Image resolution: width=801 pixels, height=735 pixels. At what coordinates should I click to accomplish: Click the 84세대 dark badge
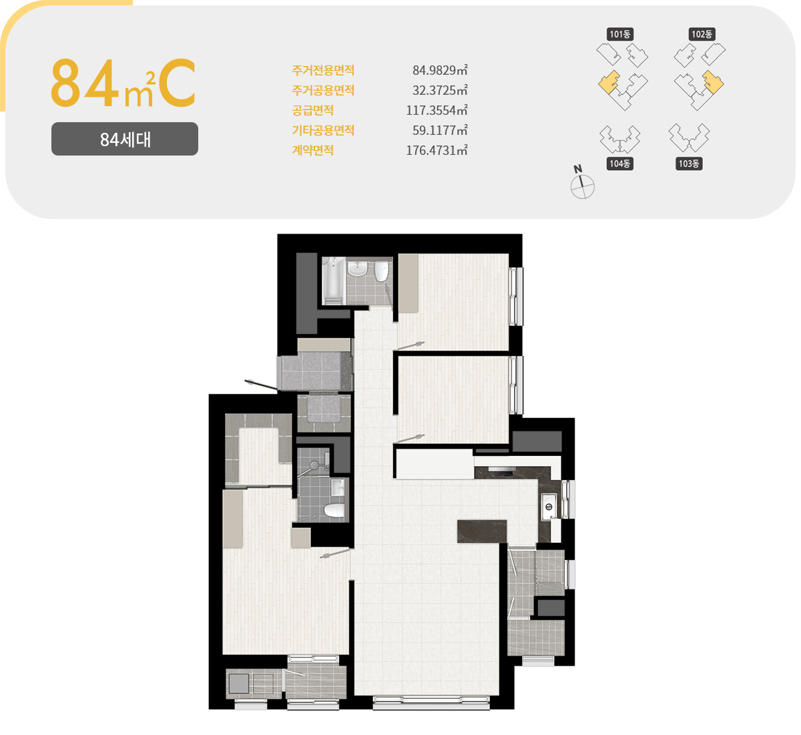(125, 139)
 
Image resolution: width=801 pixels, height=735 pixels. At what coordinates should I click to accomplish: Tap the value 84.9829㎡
(440, 70)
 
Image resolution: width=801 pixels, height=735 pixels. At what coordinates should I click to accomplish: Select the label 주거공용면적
(323, 90)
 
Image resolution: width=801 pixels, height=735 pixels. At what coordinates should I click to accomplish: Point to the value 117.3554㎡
(437, 110)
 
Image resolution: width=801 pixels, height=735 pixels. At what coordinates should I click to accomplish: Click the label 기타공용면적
(323, 130)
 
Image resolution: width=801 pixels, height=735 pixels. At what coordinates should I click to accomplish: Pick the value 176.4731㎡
(437, 150)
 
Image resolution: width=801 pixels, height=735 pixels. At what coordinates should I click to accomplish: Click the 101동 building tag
(619, 34)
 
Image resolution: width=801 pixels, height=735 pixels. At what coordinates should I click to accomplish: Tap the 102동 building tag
(702, 34)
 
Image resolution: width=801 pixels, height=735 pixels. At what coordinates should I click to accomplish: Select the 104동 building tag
(619, 164)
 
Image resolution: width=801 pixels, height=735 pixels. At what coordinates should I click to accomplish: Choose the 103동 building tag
(689, 164)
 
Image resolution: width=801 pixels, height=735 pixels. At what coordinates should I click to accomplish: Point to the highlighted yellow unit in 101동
(609, 83)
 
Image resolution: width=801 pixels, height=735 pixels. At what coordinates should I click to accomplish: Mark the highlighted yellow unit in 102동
(713, 82)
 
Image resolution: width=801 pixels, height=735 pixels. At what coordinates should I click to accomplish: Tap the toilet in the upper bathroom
(381, 271)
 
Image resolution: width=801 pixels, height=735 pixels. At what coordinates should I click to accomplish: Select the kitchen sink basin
(549, 507)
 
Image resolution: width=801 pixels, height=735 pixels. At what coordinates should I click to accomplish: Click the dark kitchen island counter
(481, 531)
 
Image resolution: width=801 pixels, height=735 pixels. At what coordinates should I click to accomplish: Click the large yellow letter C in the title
(177, 83)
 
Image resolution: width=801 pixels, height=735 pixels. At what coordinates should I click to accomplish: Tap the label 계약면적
(312, 150)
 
